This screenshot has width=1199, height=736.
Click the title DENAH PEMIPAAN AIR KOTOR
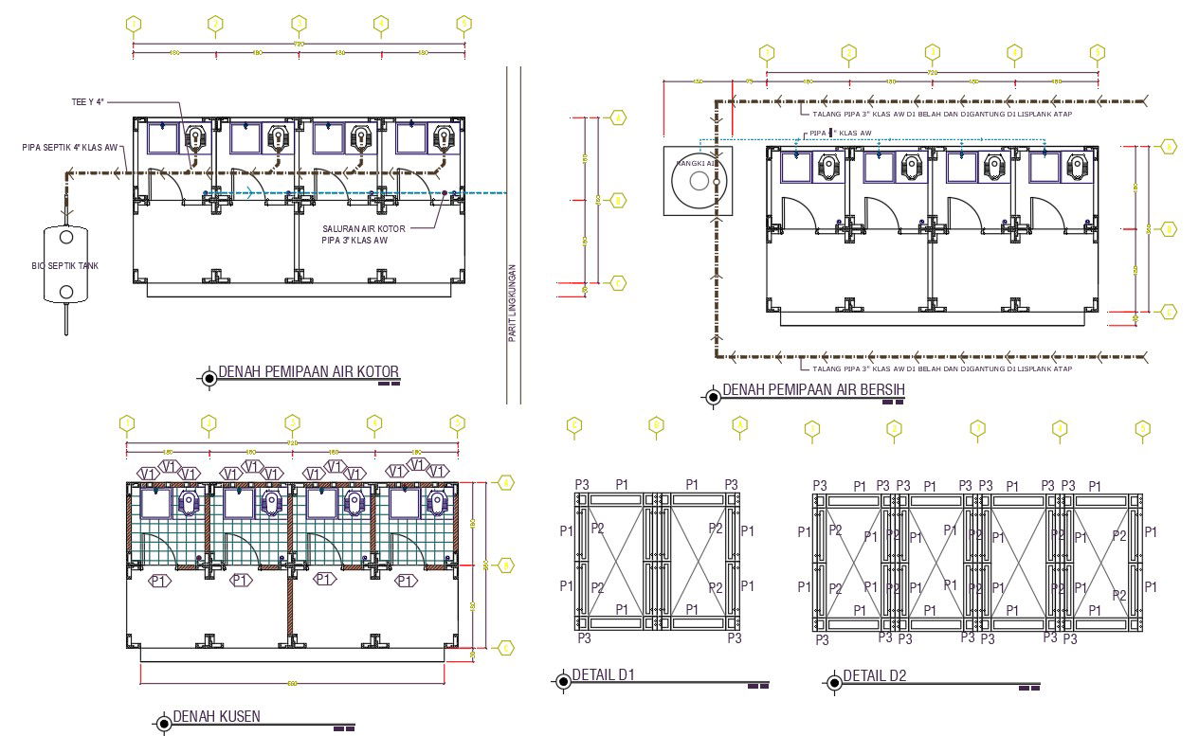click(308, 371)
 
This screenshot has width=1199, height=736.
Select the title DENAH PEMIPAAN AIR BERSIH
click(814, 390)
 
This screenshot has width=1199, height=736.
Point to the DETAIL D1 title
click(603, 675)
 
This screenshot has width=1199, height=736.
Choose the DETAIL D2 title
click(875, 675)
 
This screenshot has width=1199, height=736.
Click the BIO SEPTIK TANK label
click(64, 266)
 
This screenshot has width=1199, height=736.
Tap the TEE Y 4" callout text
click(86, 102)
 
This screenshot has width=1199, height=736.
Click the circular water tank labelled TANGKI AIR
click(699, 181)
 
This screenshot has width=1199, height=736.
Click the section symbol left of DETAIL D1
click(562, 680)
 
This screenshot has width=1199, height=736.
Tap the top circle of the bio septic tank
click(66, 237)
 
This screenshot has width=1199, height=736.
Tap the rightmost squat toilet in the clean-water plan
click(1077, 169)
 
